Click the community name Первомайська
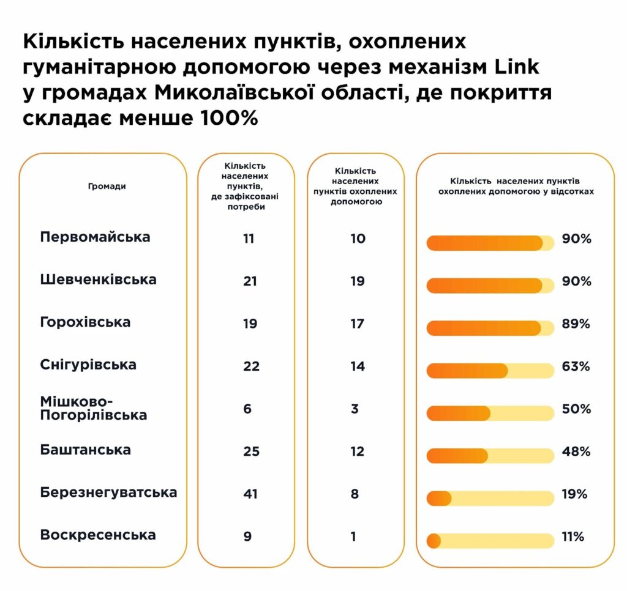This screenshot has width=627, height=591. pyautogui.click(x=95, y=237)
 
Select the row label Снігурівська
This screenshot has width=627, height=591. pyautogui.click(x=88, y=365)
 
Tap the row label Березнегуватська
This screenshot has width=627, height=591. pyautogui.click(x=108, y=492)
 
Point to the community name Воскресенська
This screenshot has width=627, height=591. pyautogui.click(x=98, y=535)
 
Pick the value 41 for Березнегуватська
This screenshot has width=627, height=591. pyautogui.click(x=250, y=494)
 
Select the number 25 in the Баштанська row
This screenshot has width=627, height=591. pyautogui.click(x=250, y=452)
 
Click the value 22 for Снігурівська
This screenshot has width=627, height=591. pyautogui.click(x=250, y=366)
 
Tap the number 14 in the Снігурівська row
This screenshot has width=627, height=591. pyautogui.click(x=358, y=366)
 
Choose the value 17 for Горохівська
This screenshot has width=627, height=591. pyautogui.click(x=358, y=324)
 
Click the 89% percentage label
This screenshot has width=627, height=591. pyautogui.click(x=576, y=324)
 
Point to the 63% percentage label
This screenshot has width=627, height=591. pyautogui.click(x=576, y=366)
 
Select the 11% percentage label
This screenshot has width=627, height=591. pyautogui.click(x=573, y=537)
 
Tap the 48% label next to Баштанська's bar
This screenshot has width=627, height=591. pyautogui.click(x=576, y=452)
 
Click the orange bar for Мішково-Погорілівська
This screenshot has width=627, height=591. pyautogui.click(x=458, y=413)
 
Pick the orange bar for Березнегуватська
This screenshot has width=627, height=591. pyautogui.click(x=438, y=498)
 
